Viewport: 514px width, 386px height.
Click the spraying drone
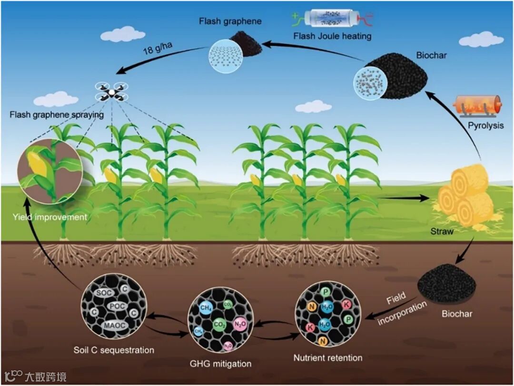coord(112,92)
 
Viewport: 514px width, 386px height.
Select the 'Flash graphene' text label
coord(224,21)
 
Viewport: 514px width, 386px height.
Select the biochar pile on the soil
coord(446,284)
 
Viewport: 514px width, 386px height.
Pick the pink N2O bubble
coord(239,325)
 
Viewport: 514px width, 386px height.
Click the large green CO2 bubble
coord(219,326)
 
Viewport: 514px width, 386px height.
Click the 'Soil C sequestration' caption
coord(114,350)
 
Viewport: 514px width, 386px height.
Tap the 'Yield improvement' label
coord(50,217)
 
